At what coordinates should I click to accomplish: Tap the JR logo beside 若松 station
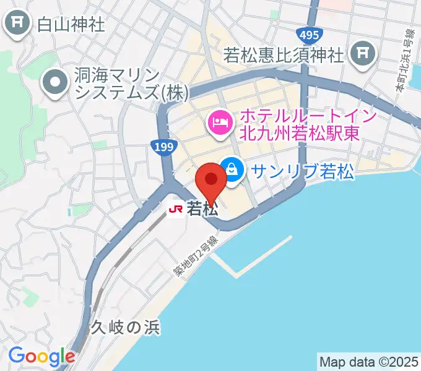(x=176, y=210)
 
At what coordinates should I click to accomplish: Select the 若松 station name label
(x=202, y=210)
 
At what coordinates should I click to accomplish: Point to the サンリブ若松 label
(x=302, y=171)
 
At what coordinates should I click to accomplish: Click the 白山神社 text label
(x=71, y=25)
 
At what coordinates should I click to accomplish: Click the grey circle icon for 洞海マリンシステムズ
(x=56, y=85)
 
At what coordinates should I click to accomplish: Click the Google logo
(x=41, y=356)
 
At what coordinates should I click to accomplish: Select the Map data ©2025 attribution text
(x=368, y=360)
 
